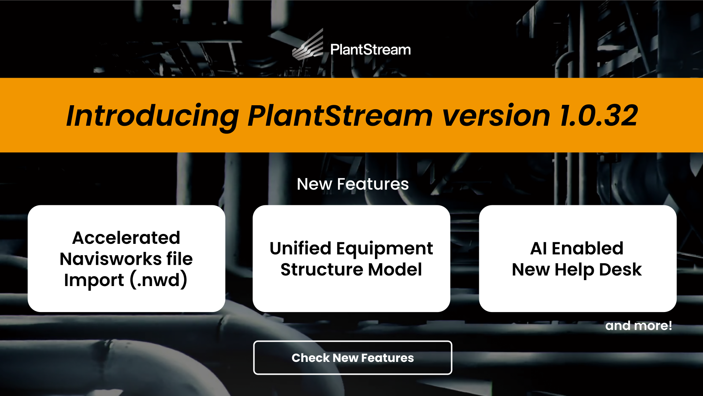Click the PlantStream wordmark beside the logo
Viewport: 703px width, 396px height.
tap(370, 50)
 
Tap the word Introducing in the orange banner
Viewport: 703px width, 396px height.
tap(152, 116)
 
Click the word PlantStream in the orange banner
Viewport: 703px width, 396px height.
tap(340, 116)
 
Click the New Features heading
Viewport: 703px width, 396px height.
tap(353, 184)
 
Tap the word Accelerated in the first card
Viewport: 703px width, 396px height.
tap(126, 238)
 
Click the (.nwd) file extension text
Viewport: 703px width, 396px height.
tap(159, 280)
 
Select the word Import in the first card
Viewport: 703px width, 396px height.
tap(94, 280)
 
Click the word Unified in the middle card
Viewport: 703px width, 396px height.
tap(301, 249)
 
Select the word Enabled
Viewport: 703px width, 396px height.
tap(587, 249)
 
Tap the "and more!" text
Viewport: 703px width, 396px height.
tap(639, 326)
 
